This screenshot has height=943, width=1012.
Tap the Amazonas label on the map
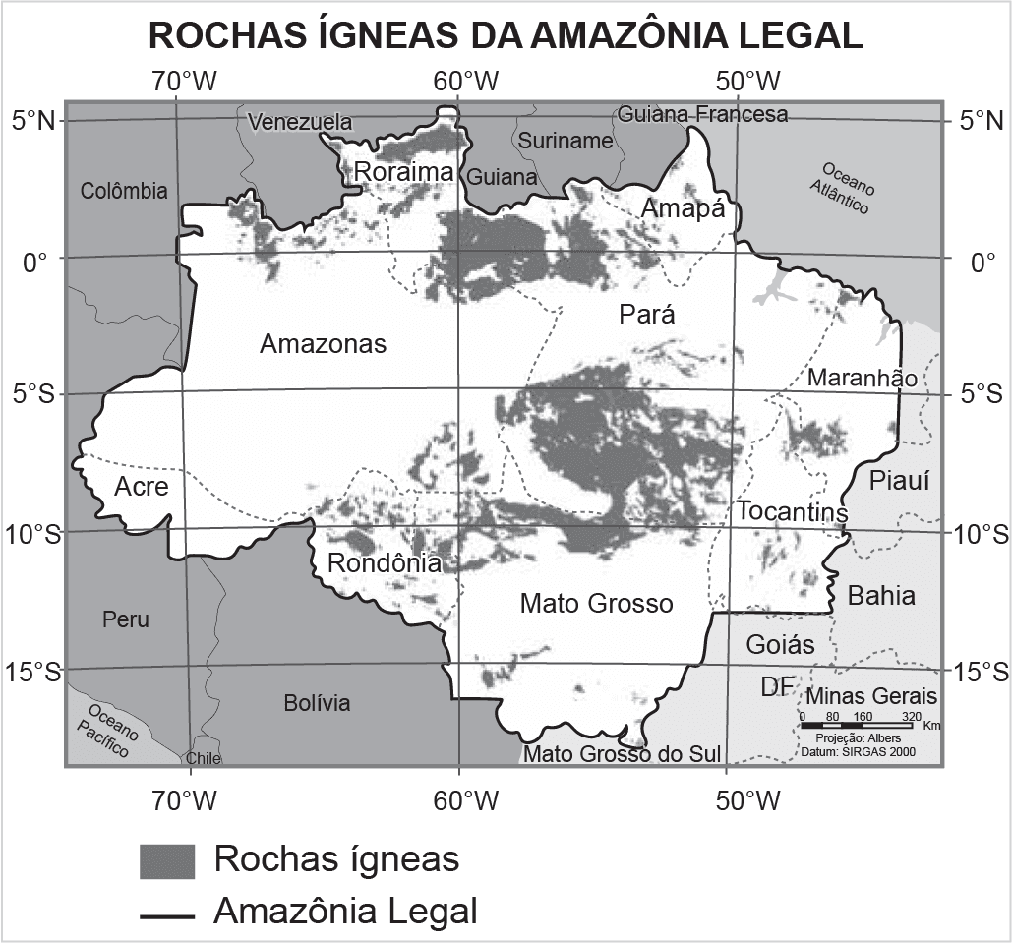323,344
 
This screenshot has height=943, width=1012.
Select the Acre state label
142,486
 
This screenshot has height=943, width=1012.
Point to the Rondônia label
384,563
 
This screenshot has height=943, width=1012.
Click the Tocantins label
792,511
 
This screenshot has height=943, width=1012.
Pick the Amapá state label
682,208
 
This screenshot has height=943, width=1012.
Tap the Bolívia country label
317,703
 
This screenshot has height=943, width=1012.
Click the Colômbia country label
124,191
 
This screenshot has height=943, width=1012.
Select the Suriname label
566,141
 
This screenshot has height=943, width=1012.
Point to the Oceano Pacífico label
107,729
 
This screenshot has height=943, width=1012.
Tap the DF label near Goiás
776,687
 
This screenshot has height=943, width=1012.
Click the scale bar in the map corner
857,725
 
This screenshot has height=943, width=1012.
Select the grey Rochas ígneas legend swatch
167,860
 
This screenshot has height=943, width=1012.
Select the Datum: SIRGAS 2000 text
859,750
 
